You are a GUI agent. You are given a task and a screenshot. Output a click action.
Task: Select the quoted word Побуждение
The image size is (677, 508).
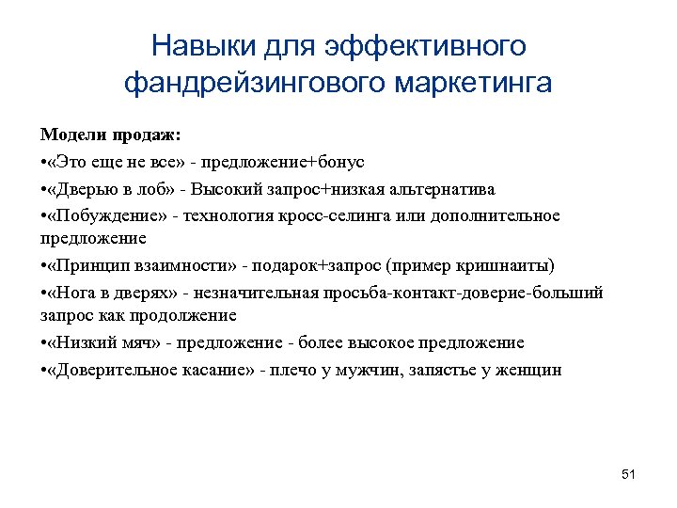(108, 216)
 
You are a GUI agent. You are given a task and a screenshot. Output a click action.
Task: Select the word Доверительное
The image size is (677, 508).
(118, 370)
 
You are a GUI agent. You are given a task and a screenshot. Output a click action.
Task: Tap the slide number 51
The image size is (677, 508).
(628, 474)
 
